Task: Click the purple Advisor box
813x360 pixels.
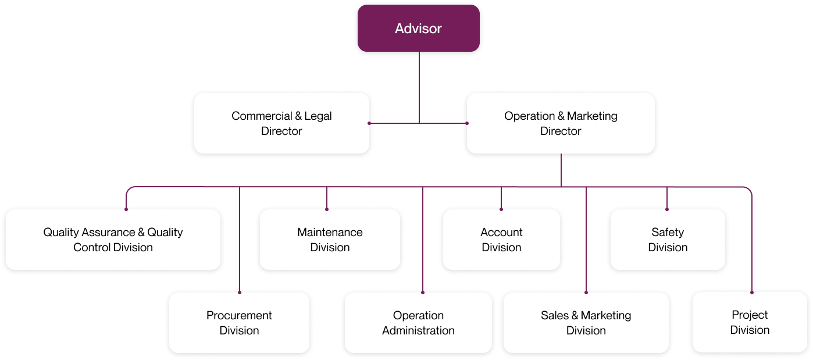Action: click(419, 28)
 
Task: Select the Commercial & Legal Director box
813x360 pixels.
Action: click(281, 123)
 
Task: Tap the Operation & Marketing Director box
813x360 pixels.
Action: click(561, 123)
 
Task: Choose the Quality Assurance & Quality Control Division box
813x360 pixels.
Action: click(113, 240)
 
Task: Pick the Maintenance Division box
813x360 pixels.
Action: click(330, 240)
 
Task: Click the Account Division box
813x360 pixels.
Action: click(501, 240)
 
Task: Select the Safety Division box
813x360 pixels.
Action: click(668, 240)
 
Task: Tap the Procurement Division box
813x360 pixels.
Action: click(239, 323)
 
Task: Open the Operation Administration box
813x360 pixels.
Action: click(418, 323)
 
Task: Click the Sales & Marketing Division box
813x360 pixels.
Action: click(586, 323)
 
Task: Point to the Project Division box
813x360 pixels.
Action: click(750, 322)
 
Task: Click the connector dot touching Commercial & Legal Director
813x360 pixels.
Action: click(369, 123)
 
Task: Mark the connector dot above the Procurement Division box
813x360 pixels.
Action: click(240, 291)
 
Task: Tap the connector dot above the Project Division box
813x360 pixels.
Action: click(752, 291)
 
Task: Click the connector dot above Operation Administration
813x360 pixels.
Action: click(423, 291)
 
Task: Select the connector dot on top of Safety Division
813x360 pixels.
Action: click(667, 209)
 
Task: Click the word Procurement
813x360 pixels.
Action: click(239, 315)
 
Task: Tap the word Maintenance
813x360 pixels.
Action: click(330, 232)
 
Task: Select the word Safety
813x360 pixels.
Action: click(668, 232)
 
